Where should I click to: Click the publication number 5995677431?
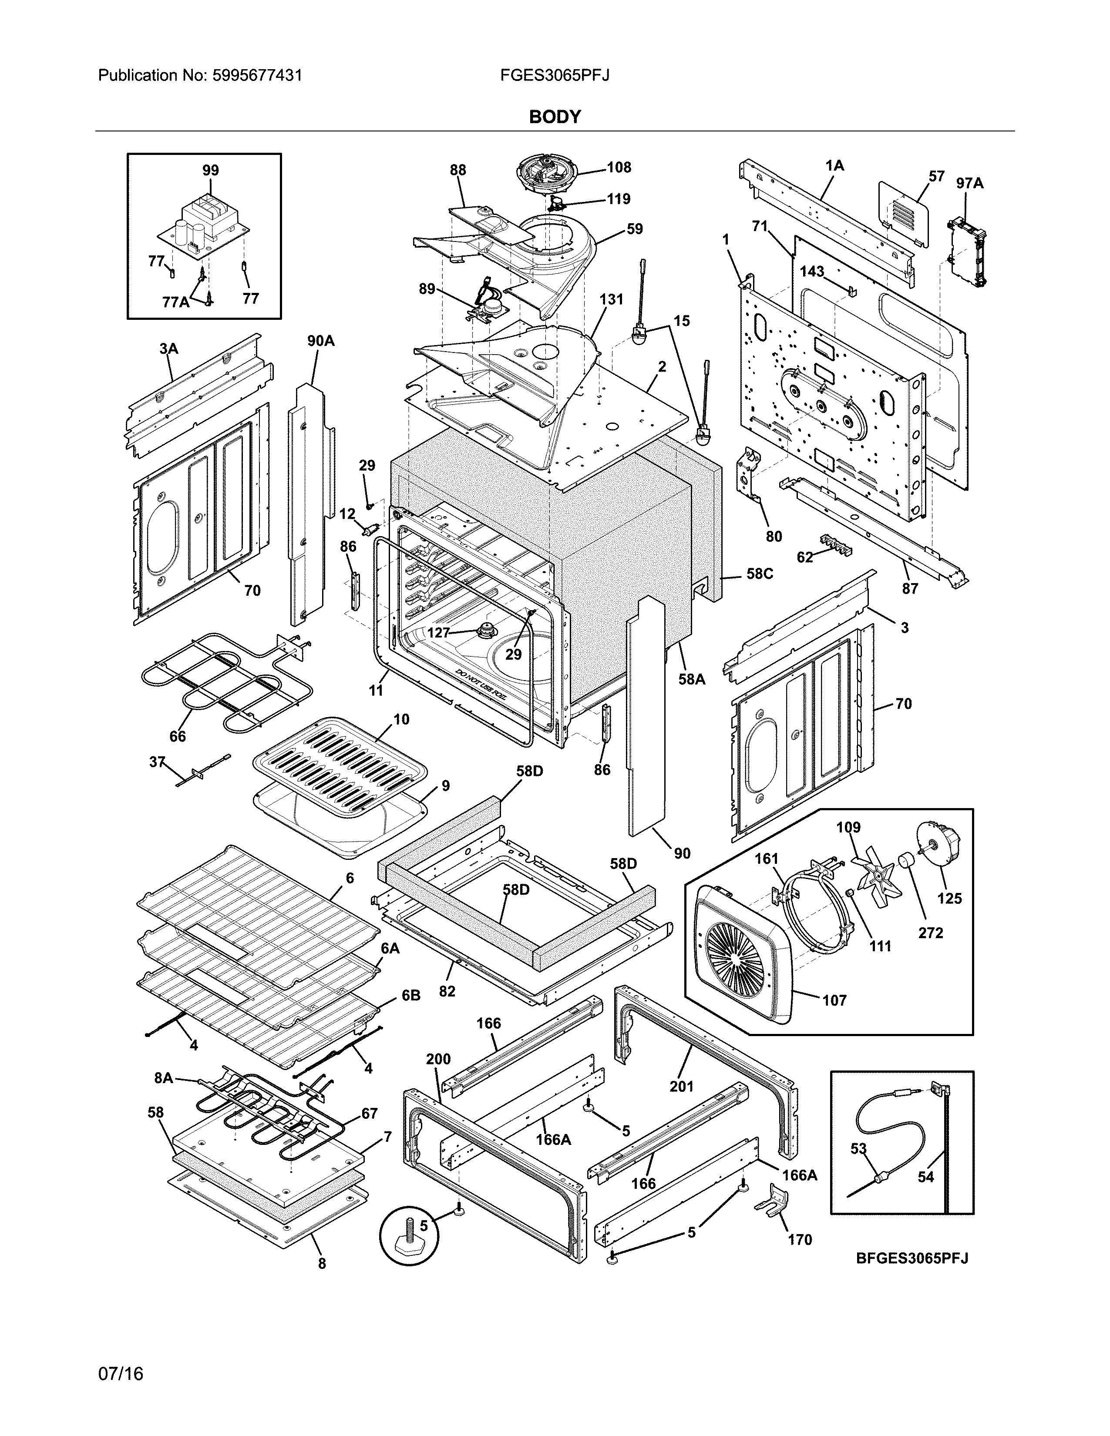point(257,76)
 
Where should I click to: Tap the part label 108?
point(619,167)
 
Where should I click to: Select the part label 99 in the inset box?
point(210,170)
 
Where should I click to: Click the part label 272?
point(931,933)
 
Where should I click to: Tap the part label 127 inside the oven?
point(438,633)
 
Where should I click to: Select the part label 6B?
point(411,996)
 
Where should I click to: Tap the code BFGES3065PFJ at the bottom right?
point(912,1258)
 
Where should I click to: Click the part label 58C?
point(760,574)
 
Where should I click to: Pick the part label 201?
point(681,1086)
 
